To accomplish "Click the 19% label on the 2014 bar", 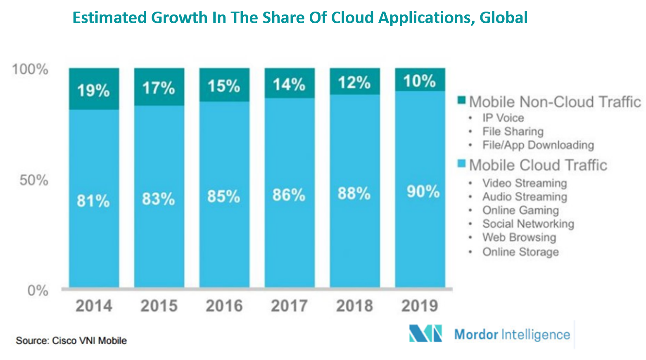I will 93,91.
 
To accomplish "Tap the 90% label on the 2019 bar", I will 423,192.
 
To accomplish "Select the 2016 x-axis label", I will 224,306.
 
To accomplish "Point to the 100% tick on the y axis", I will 30,69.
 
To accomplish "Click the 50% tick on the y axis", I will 33,180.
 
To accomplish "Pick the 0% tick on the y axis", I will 38,291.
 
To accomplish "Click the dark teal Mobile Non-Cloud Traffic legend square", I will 461,100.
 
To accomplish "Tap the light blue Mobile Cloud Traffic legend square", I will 461,164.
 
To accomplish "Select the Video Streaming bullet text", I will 525,183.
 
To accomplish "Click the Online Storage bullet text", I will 520,252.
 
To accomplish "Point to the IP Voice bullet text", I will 503,118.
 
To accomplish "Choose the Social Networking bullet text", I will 528,224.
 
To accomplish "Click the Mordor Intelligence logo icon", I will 425,334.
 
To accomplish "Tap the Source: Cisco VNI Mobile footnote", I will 71,341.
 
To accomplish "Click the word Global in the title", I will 503,18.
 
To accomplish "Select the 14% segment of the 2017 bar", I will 289,84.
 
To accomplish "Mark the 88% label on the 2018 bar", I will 354,193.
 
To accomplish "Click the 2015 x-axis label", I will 159,306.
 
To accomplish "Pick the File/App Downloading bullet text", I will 538,145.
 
